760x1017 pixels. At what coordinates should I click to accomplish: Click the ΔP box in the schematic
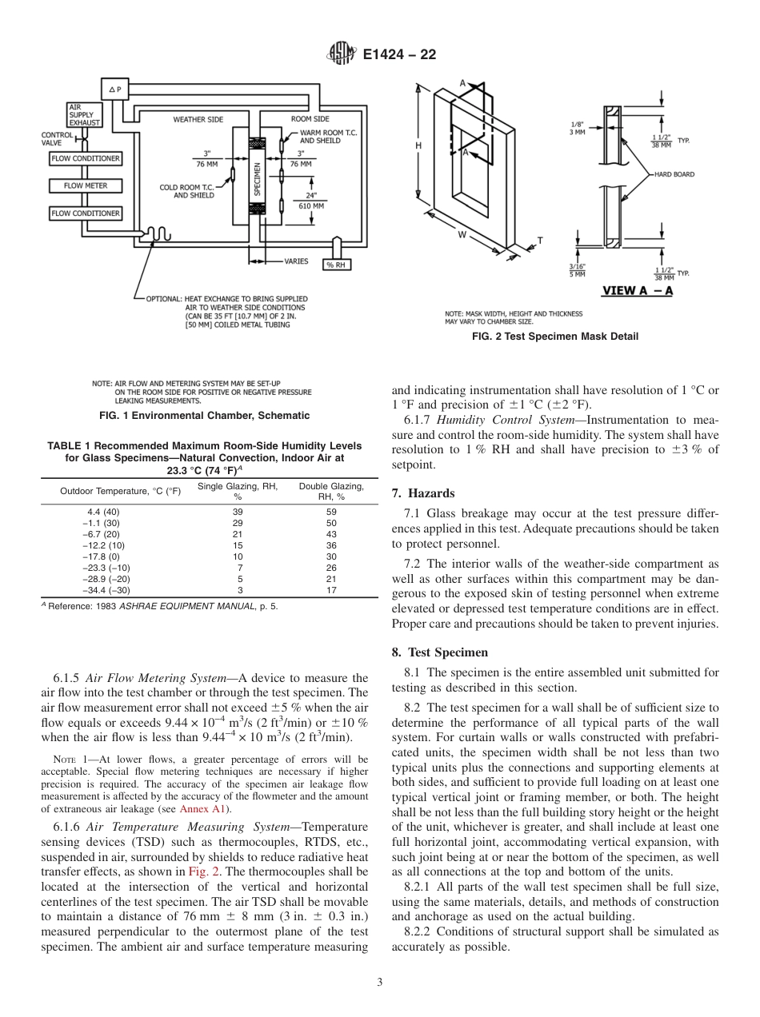click(x=114, y=90)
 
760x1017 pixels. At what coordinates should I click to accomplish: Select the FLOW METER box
click(x=86, y=185)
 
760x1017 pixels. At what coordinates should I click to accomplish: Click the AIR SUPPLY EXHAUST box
click(x=84, y=114)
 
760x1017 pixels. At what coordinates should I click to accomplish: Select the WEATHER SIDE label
click(x=198, y=119)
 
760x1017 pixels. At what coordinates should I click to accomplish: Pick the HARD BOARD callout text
click(x=674, y=173)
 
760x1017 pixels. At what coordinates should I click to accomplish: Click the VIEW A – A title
click(x=637, y=290)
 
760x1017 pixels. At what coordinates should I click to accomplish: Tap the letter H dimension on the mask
click(x=418, y=146)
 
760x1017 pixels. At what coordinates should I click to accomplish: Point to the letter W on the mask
click(x=462, y=235)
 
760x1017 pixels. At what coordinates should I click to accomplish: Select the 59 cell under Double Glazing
click(x=331, y=512)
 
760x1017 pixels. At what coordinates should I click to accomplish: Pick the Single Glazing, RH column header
click(x=238, y=491)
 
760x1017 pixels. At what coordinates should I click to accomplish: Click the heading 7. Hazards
click(x=423, y=493)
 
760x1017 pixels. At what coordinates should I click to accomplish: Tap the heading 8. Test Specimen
click(x=440, y=652)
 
